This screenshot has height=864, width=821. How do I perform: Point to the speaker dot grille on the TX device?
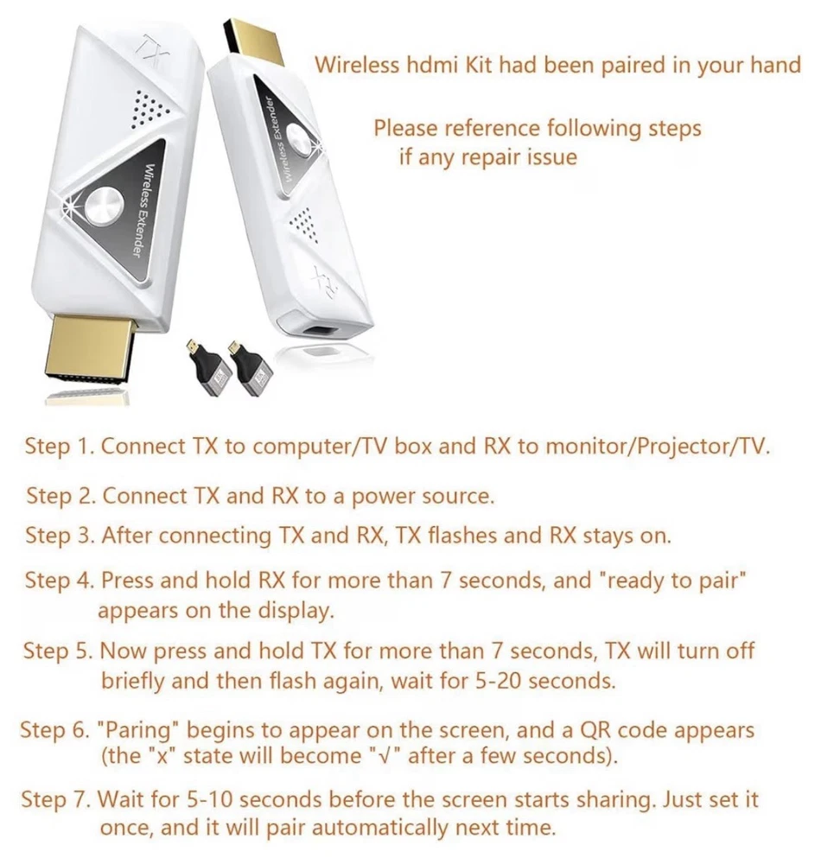[149, 109]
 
